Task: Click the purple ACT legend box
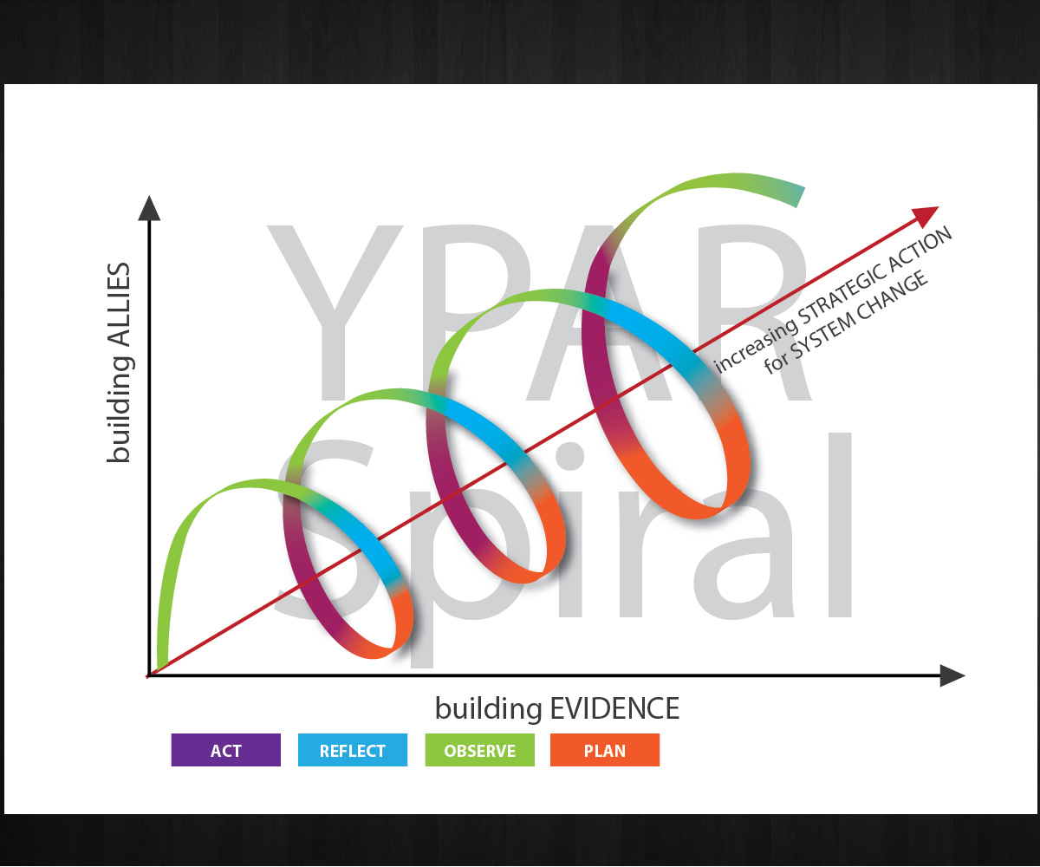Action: click(x=225, y=750)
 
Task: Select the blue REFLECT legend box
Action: click(x=353, y=750)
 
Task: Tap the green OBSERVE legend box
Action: click(x=479, y=750)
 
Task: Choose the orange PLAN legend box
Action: click(x=605, y=750)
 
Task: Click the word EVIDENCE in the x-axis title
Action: click(x=614, y=708)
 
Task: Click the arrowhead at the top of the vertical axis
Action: click(x=149, y=208)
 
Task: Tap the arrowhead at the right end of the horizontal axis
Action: click(x=952, y=675)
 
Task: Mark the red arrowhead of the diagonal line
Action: click(x=926, y=214)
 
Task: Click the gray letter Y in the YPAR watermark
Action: click(x=335, y=312)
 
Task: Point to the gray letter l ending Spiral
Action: click(x=841, y=525)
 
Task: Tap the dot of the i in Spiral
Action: click(x=569, y=456)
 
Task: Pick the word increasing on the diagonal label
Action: click(x=754, y=346)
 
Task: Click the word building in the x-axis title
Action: click(x=489, y=709)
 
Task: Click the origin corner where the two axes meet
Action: click(x=149, y=675)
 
